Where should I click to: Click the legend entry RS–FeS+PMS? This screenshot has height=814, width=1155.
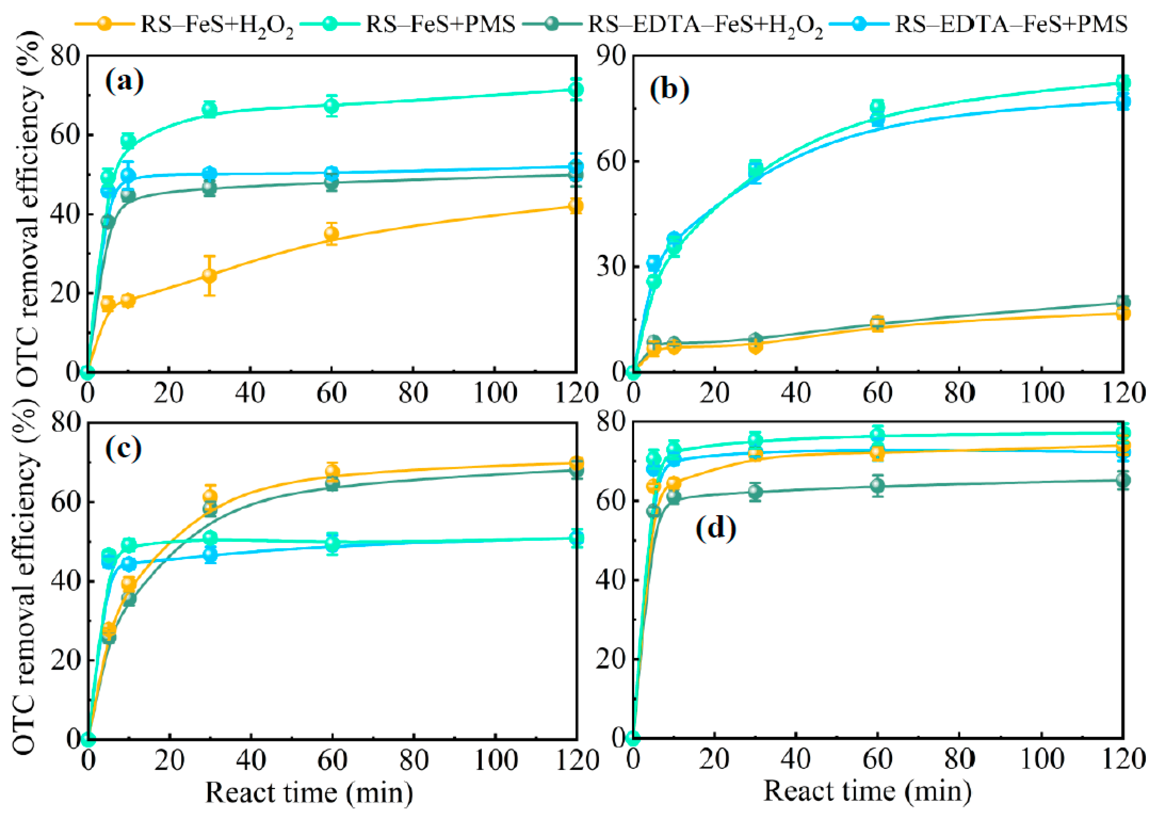440,24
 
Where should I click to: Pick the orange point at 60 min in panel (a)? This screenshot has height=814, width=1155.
331,234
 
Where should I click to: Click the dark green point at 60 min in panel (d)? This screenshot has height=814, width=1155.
877,485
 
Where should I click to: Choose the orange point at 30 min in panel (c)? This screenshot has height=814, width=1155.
210,497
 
